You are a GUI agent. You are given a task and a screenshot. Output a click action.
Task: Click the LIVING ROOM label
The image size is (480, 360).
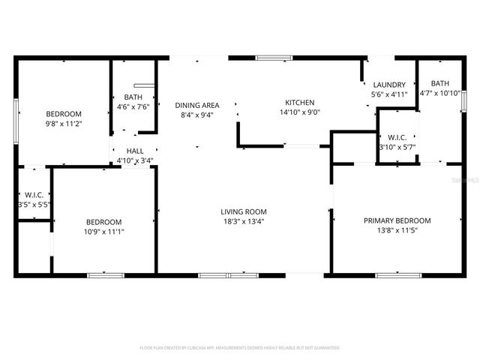tap(243, 211)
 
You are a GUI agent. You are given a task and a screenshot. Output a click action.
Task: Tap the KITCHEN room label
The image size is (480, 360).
tap(299, 103)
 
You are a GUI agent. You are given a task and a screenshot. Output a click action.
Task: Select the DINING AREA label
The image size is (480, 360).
tap(197, 105)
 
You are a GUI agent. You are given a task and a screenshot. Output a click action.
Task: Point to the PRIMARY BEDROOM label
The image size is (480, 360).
tap(397, 220)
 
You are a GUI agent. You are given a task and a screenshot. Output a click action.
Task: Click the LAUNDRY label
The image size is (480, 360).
tap(388, 85)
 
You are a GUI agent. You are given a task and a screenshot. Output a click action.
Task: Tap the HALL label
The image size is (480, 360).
tap(135, 151)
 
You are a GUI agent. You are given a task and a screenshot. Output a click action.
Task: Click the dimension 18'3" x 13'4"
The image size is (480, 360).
tap(243, 221)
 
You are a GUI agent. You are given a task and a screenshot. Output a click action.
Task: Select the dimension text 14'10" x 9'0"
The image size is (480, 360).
tap(299, 112)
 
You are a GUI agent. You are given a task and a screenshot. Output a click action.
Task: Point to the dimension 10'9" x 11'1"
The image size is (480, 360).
tap(103, 232)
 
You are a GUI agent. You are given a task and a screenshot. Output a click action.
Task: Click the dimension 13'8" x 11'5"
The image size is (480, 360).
tap(397, 230)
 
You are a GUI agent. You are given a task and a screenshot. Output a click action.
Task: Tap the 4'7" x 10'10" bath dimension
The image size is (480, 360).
tap(440, 93)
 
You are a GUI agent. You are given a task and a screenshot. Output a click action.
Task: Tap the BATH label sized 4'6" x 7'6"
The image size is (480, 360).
tap(133, 97)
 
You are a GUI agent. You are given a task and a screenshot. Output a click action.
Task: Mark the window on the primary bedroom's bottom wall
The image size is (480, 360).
tap(397, 275)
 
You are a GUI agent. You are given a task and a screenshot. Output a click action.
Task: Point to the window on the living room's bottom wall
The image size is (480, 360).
tap(227, 275)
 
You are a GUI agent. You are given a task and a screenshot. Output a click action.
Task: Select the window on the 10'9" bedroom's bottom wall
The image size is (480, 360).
tap(106, 275)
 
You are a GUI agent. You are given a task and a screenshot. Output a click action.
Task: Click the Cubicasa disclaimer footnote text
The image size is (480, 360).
tap(240, 348)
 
